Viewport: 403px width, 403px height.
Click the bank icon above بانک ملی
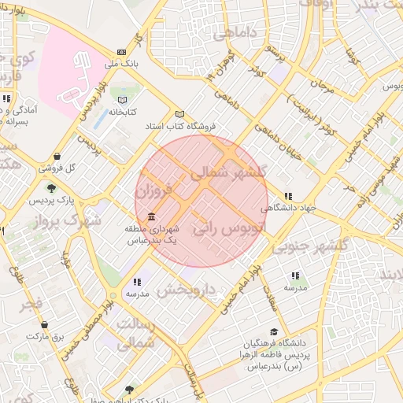click(x=120, y=52)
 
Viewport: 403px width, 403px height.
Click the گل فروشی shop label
click(x=59, y=168)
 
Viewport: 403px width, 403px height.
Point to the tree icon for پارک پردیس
click(x=51, y=187)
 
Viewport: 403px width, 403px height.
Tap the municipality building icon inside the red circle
click(x=150, y=217)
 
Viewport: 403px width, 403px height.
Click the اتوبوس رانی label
click(x=227, y=229)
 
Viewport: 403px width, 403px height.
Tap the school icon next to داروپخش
click(x=137, y=281)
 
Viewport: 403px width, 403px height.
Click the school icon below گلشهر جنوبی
click(x=295, y=275)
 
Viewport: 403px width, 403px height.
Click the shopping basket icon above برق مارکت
click(x=44, y=324)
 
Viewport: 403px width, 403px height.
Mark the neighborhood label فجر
click(x=31, y=303)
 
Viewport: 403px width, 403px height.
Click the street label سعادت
click(x=272, y=291)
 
